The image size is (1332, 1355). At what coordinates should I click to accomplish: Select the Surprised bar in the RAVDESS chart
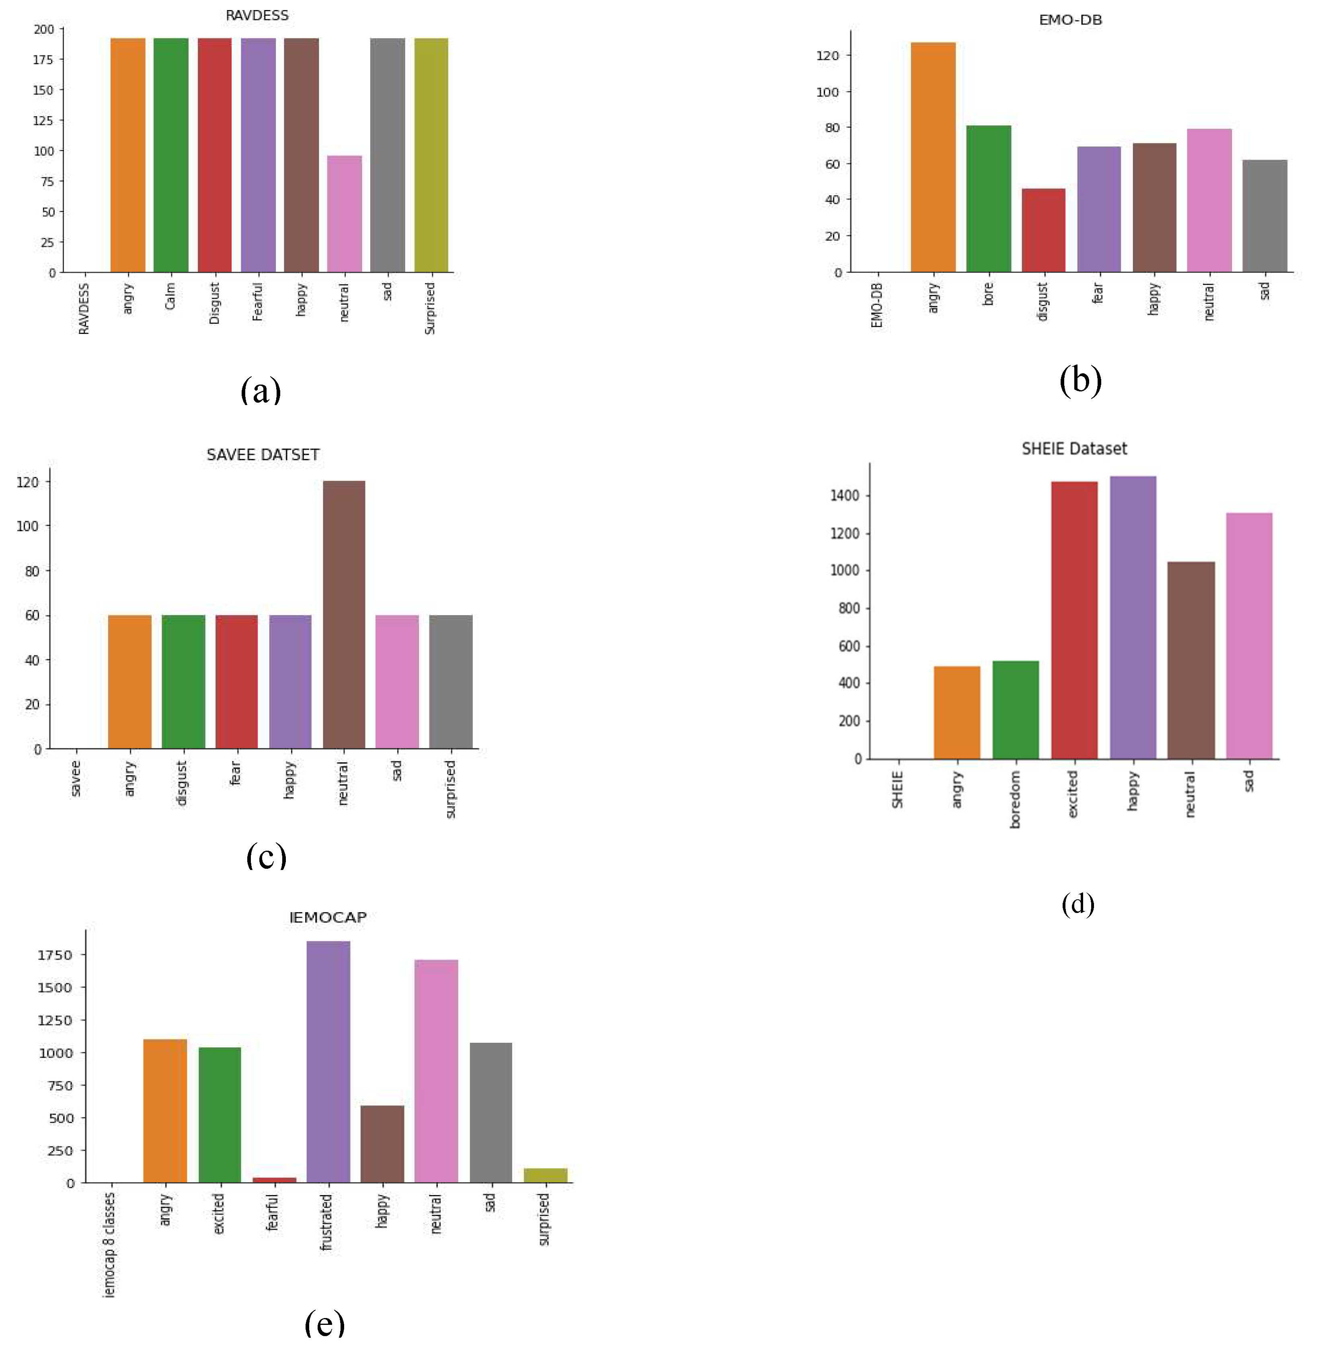coord(431,155)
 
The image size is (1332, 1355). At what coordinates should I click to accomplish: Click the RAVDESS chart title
coord(257,15)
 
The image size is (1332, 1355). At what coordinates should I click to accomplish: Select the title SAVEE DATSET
coord(263,454)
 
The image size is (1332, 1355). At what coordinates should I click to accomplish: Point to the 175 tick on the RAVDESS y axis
coord(43,59)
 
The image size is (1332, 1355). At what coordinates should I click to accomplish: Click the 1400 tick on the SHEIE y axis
coord(844,496)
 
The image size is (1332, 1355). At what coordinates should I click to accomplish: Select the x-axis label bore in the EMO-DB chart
coord(988,295)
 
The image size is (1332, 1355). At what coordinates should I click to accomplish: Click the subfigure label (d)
coord(1078,904)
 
